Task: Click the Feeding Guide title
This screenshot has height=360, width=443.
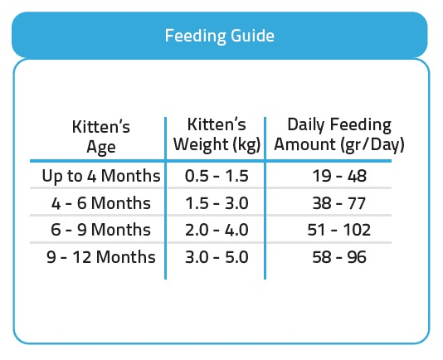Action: tap(220, 36)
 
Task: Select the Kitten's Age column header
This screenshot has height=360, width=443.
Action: tap(101, 137)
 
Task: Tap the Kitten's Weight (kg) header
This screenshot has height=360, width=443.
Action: tap(217, 134)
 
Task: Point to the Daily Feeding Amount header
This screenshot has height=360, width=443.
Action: tap(339, 134)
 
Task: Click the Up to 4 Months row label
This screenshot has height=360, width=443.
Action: tap(101, 176)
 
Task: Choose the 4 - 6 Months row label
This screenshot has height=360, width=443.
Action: tap(101, 203)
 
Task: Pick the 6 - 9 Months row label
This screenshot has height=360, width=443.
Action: tap(101, 229)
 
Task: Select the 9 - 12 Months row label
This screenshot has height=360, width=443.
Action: tap(101, 257)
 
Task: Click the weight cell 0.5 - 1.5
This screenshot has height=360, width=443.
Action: tap(217, 176)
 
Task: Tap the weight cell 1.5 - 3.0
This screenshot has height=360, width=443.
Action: tap(217, 203)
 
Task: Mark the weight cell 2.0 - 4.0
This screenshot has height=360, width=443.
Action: tap(217, 229)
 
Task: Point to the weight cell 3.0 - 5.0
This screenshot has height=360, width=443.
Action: tap(217, 257)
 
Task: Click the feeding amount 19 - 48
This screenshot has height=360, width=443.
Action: tap(339, 176)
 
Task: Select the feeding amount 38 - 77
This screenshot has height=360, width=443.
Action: tap(339, 203)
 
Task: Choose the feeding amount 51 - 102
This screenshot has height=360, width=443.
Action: tap(339, 229)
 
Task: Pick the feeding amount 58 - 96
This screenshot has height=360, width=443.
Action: tap(339, 257)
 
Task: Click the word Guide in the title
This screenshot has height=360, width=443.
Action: tap(252, 36)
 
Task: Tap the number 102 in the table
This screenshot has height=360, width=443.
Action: tap(357, 229)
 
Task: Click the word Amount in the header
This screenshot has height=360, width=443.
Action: tap(305, 144)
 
